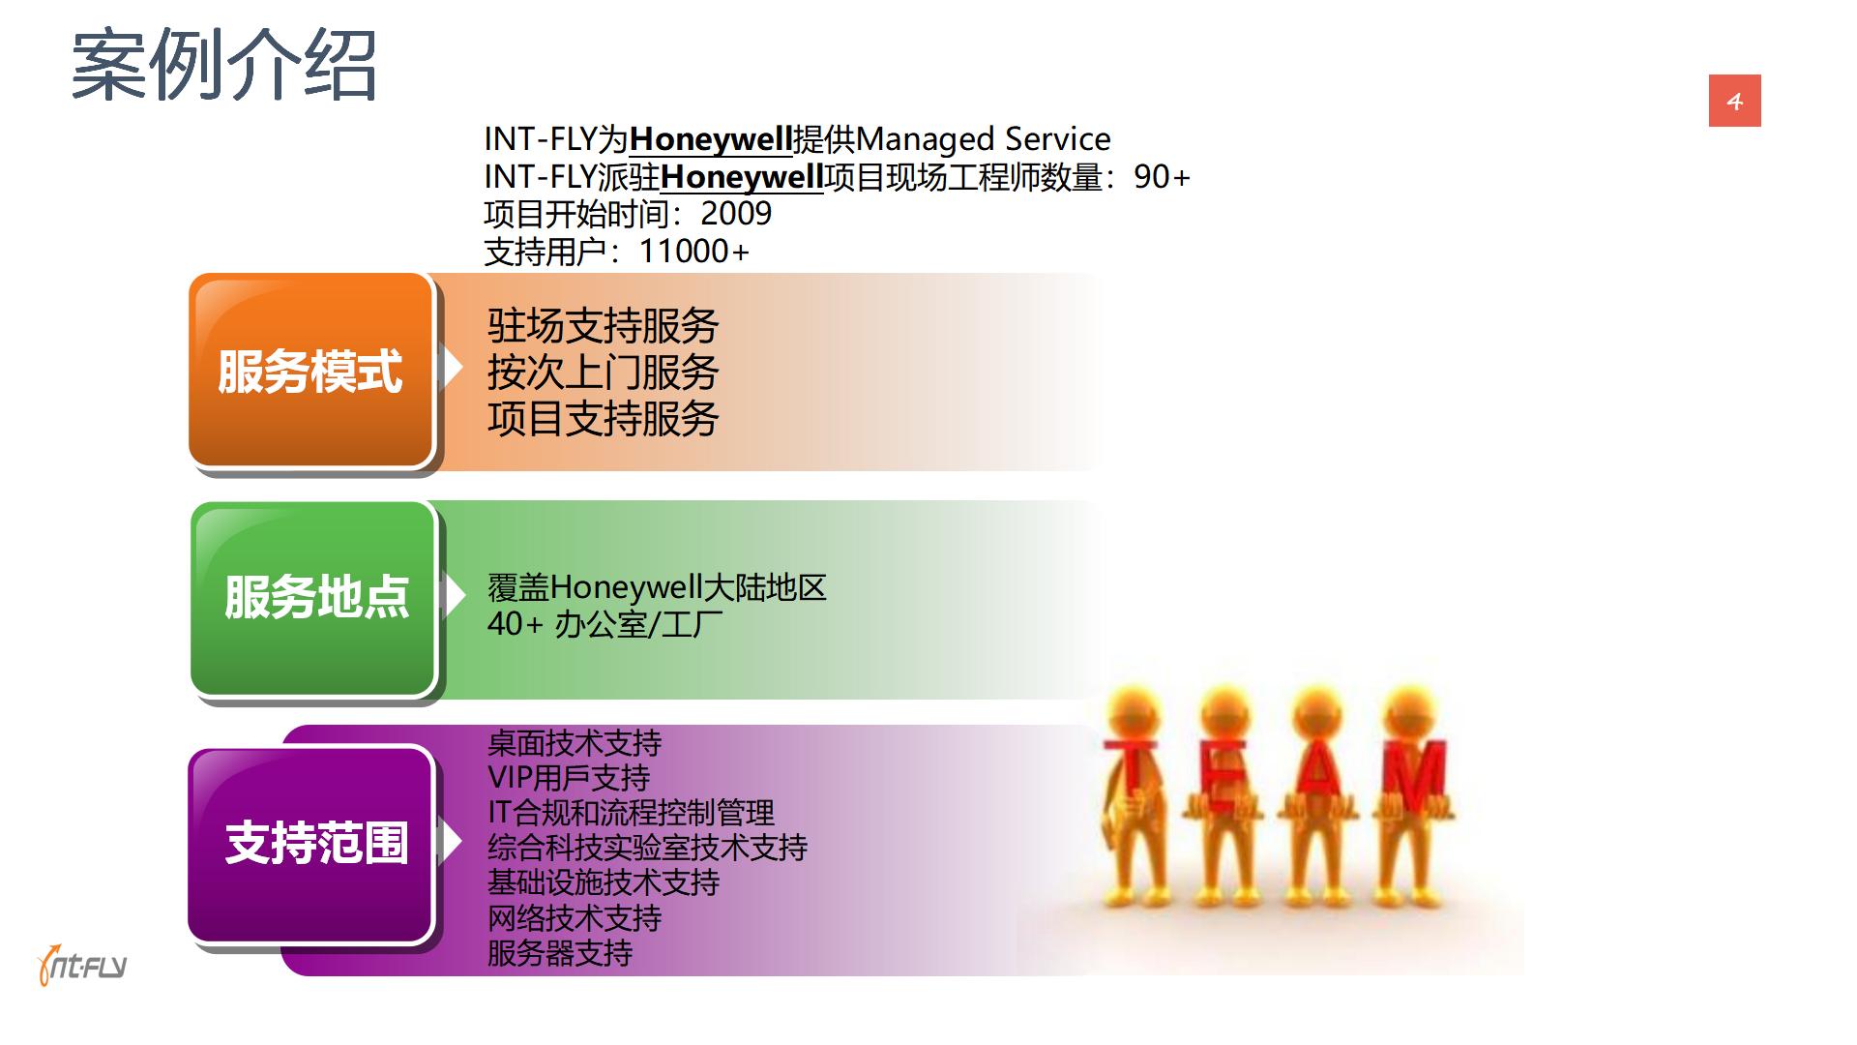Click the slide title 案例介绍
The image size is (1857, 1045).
[x=223, y=66]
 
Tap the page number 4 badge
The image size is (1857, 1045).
[x=1734, y=101]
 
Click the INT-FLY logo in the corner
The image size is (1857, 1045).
[x=81, y=964]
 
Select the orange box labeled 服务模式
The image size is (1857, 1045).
[x=311, y=371]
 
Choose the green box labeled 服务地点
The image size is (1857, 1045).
[x=313, y=597]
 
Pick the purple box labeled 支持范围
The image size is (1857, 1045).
[x=311, y=844]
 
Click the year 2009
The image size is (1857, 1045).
[x=736, y=213]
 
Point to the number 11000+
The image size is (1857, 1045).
[x=693, y=251]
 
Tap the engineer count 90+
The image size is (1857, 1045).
[x=1162, y=176]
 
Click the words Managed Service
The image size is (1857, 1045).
[x=983, y=139]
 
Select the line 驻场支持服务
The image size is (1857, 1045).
[x=603, y=326]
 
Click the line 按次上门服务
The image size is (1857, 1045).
[x=603, y=373]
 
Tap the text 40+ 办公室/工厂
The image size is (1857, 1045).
[x=605, y=624]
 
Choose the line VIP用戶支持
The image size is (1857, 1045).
[x=569, y=778]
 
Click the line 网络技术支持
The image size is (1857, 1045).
[x=575, y=917]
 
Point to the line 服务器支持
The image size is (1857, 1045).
[x=560, y=953]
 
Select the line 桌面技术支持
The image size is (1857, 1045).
[x=575, y=743]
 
